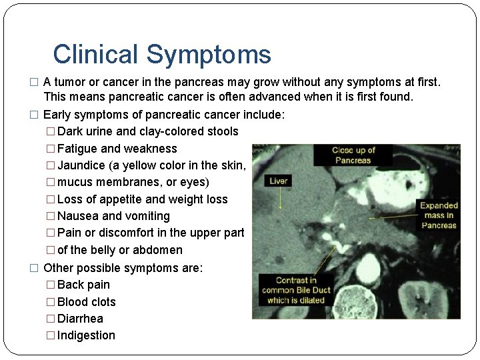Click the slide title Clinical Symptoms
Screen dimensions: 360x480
[162, 54]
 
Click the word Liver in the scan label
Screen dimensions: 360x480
[279, 181]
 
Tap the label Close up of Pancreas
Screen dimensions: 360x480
[354, 155]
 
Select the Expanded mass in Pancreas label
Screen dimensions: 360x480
[439, 215]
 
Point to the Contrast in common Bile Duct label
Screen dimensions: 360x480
[296, 290]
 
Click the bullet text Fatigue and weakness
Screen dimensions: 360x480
[117, 149]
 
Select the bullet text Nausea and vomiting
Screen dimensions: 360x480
[113, 216]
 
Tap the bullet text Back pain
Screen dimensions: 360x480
[83, 285]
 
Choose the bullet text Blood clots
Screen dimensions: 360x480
[87, 302]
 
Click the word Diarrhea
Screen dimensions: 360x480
[80, 319]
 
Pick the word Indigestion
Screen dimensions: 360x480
[86, 335]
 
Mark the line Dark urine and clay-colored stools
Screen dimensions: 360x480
[147, 131]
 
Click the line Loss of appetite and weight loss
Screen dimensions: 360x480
[143, 199]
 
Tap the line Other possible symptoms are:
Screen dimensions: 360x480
[123, 268]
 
